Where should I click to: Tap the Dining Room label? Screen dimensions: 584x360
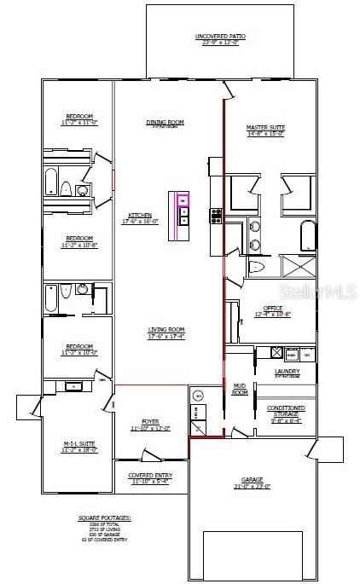point(165,123)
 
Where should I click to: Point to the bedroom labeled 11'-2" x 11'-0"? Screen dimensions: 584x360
point(79,119)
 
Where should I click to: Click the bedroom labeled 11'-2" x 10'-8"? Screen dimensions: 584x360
point(79,241)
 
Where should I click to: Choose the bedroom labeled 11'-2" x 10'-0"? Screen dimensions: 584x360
point(79,348)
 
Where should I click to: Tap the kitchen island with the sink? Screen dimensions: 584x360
point(183,212)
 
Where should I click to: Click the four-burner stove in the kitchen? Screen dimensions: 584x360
point(216,216)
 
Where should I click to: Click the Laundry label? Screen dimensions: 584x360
point(287,373)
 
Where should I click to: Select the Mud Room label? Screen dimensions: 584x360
point(241,389)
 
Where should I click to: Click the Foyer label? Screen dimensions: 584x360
point(150,425)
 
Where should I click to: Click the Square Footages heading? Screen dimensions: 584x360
point(103,518)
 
